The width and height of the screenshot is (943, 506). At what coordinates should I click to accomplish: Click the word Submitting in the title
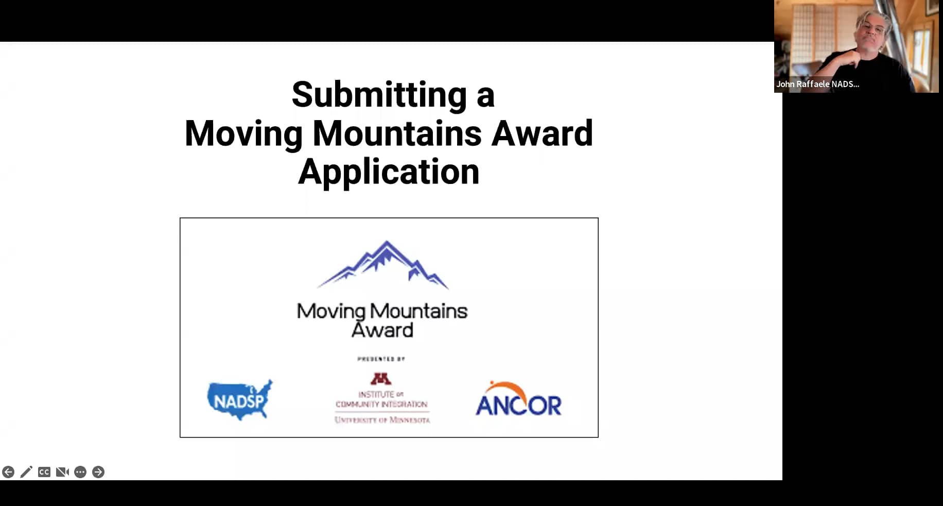pos(379,95)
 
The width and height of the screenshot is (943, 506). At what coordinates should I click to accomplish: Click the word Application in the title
pos(389,172)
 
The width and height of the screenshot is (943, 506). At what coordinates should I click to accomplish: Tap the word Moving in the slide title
pos(243,133)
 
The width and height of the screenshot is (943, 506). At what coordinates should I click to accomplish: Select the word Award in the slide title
pos(542,133)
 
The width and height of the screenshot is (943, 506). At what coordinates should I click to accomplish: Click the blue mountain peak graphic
pos(383,264)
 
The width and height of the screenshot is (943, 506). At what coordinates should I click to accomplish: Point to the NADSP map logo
pos(240,399)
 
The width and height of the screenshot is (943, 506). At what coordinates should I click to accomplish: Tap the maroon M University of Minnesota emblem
pos(381,379)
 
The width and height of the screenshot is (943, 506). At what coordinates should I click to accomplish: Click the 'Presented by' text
pos(381,359)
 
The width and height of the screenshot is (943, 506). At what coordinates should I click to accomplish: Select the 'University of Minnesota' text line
pos(382,420)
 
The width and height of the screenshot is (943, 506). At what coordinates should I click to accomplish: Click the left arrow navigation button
pos(8,472)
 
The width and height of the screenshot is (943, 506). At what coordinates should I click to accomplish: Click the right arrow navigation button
pos(98,472)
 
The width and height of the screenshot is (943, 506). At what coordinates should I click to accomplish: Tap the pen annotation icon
pos(26,472)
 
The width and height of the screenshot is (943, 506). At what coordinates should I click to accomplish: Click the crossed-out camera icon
pos(62,472)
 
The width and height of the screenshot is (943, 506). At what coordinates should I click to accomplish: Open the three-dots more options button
pos(80,472)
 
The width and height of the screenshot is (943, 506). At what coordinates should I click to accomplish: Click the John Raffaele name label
pos(817,84)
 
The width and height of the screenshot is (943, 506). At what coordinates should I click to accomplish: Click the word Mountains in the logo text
pos(418,311)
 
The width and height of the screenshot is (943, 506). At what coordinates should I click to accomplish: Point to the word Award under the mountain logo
pos(382,330)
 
